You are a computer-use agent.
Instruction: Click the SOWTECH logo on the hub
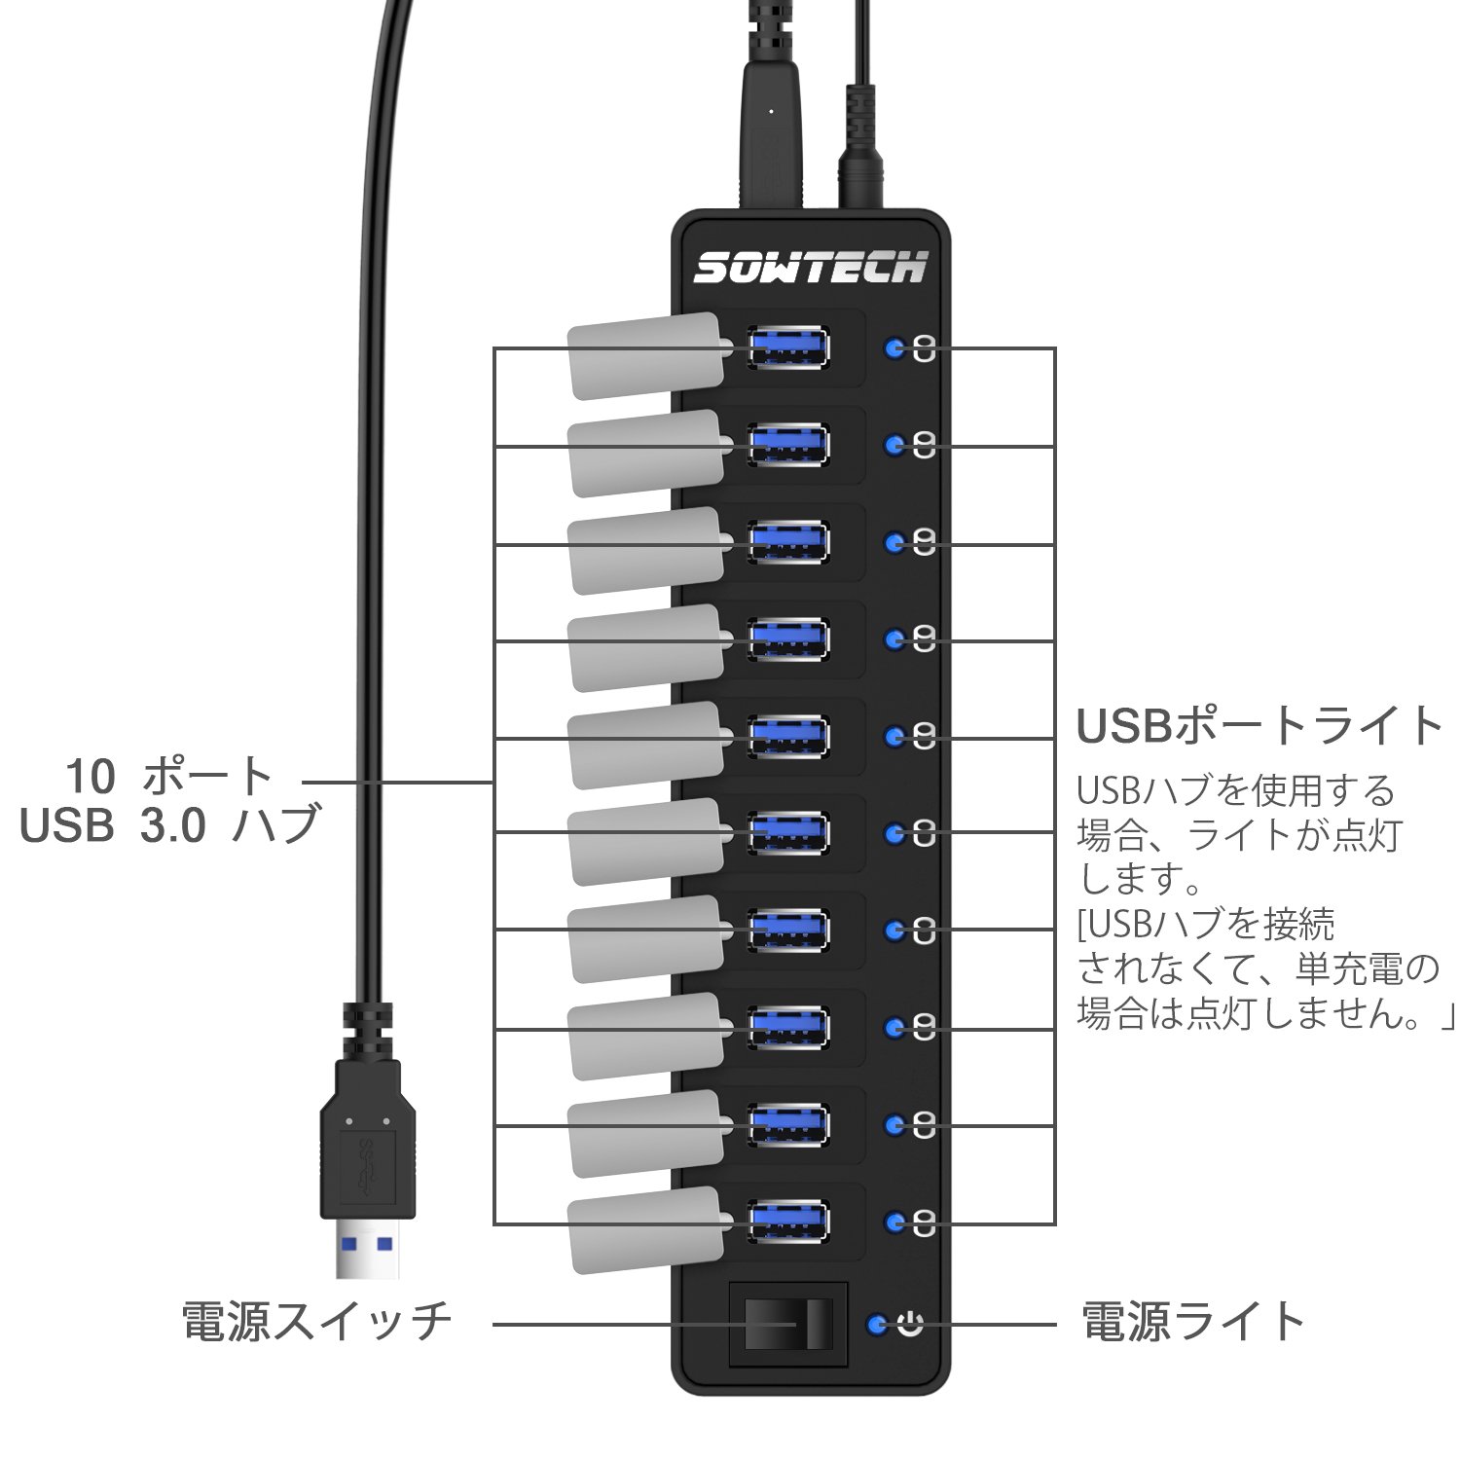click(810, 266)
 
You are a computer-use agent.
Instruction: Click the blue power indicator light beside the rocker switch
click(880, 1324)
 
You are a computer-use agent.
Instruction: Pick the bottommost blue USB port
click(789, 1221)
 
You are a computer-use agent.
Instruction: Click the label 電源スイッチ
click(317, 1323)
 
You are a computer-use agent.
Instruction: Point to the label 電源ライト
click(1193, 1322)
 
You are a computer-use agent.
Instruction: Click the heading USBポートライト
click(1259, 725)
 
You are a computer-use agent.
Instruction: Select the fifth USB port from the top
click(789, 736)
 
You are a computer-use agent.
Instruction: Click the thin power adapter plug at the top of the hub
click(859, 146)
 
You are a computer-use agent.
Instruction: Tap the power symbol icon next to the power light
click(910, 1324)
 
